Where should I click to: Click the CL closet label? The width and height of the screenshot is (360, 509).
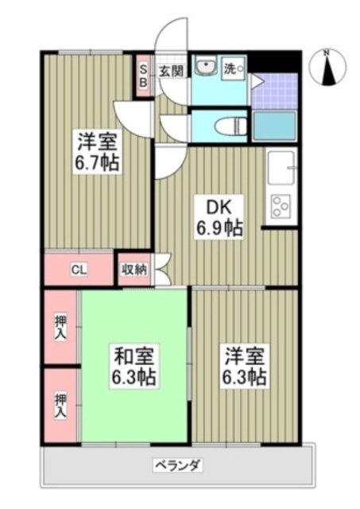coord(79,269)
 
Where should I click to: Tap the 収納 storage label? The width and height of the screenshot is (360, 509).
coord(134,269)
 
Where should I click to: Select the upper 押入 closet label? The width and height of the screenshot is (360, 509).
coord(60,326)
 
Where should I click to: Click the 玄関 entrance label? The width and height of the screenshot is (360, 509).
coord(171,71)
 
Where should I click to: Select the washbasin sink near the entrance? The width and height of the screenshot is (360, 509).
coord(206,67)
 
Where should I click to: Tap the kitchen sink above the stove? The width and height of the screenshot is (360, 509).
coord(281,166)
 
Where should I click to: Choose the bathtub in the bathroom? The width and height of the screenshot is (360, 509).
coord(274,126)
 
